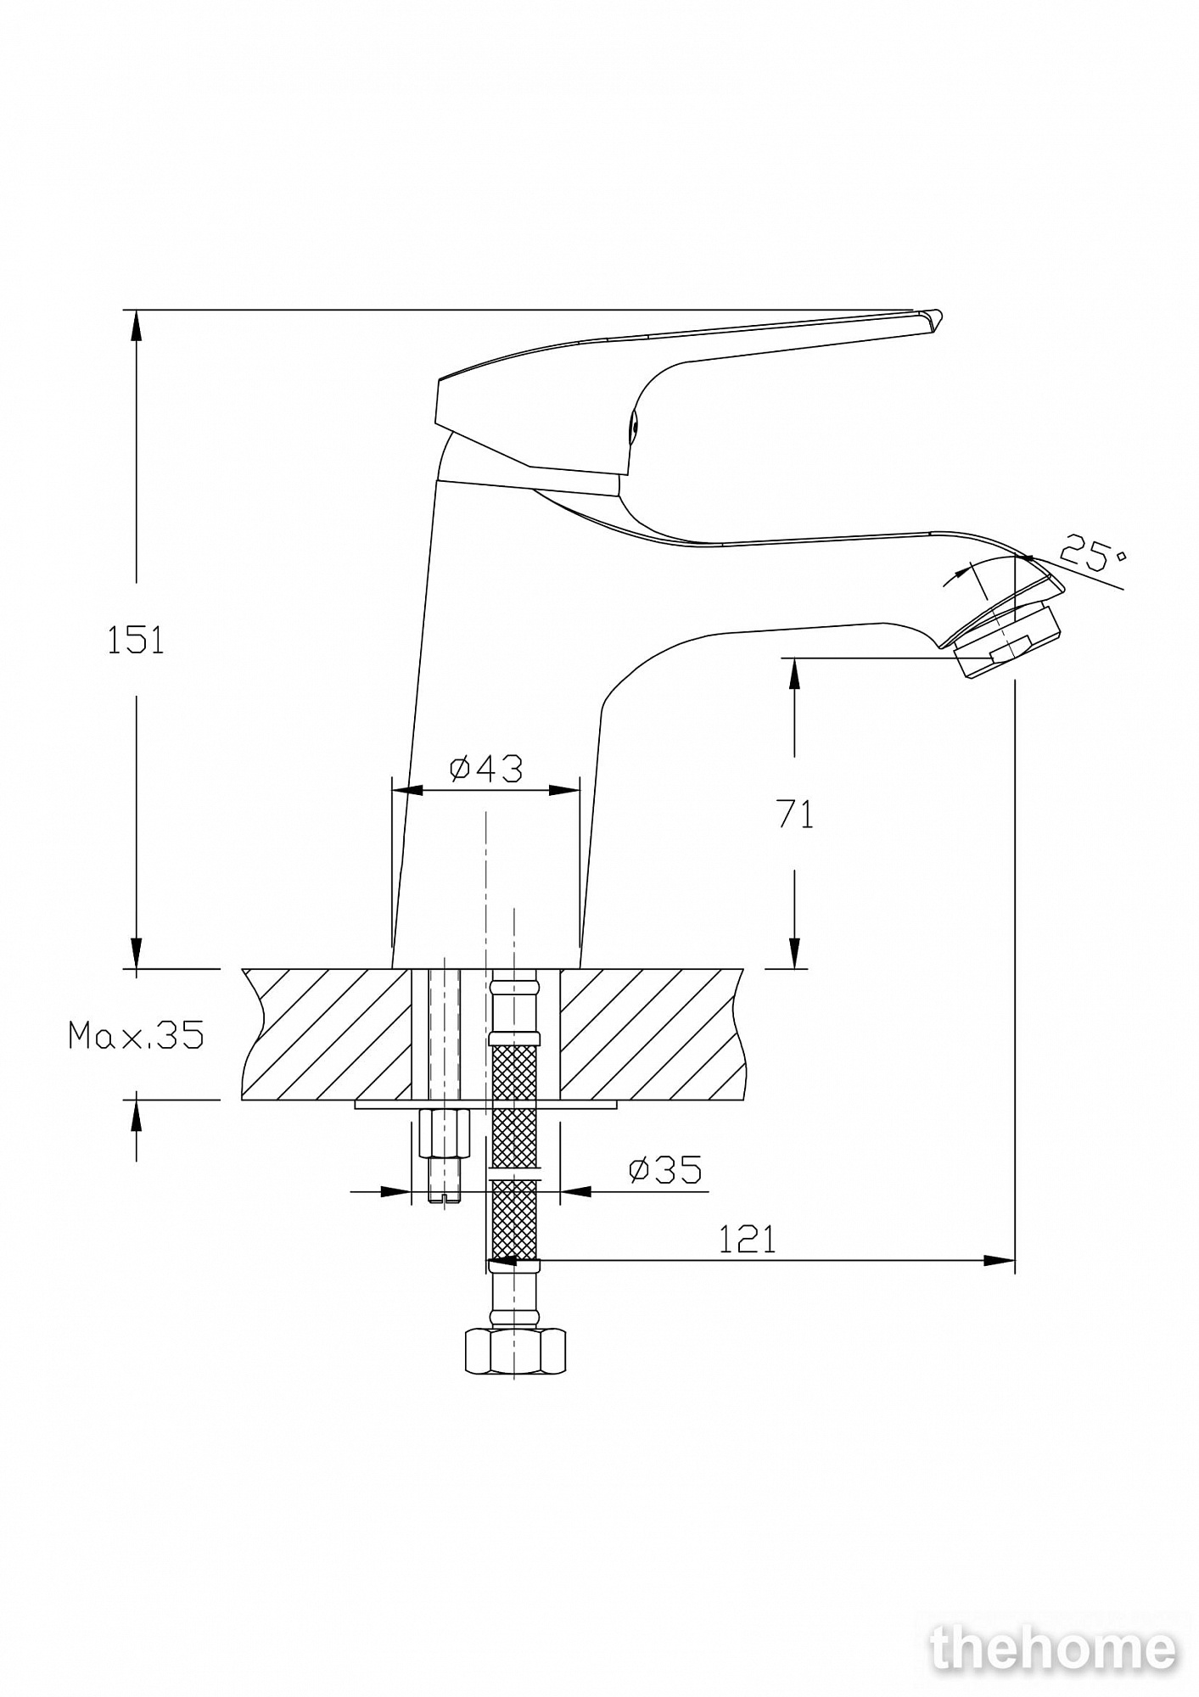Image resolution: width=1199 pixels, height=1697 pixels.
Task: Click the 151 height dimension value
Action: (136, 640)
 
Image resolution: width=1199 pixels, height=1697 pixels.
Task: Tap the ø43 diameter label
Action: (485, 769)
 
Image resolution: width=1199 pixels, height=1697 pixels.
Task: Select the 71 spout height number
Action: (795, 815)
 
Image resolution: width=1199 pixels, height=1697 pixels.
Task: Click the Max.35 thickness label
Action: (137, 1035)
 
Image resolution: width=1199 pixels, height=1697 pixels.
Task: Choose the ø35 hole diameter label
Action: (665, 1170)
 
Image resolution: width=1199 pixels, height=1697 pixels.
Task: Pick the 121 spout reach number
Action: (748, 1241)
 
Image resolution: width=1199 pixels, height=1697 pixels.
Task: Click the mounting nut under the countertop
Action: (445, 1132)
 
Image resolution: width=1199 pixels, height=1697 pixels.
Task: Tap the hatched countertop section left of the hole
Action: (327, 1034)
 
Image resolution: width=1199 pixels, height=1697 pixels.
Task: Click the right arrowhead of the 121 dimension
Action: (999, 1261)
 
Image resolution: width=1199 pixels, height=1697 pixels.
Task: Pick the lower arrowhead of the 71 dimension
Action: (794, 953)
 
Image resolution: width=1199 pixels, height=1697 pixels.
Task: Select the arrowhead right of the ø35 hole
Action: (576, 1191)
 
